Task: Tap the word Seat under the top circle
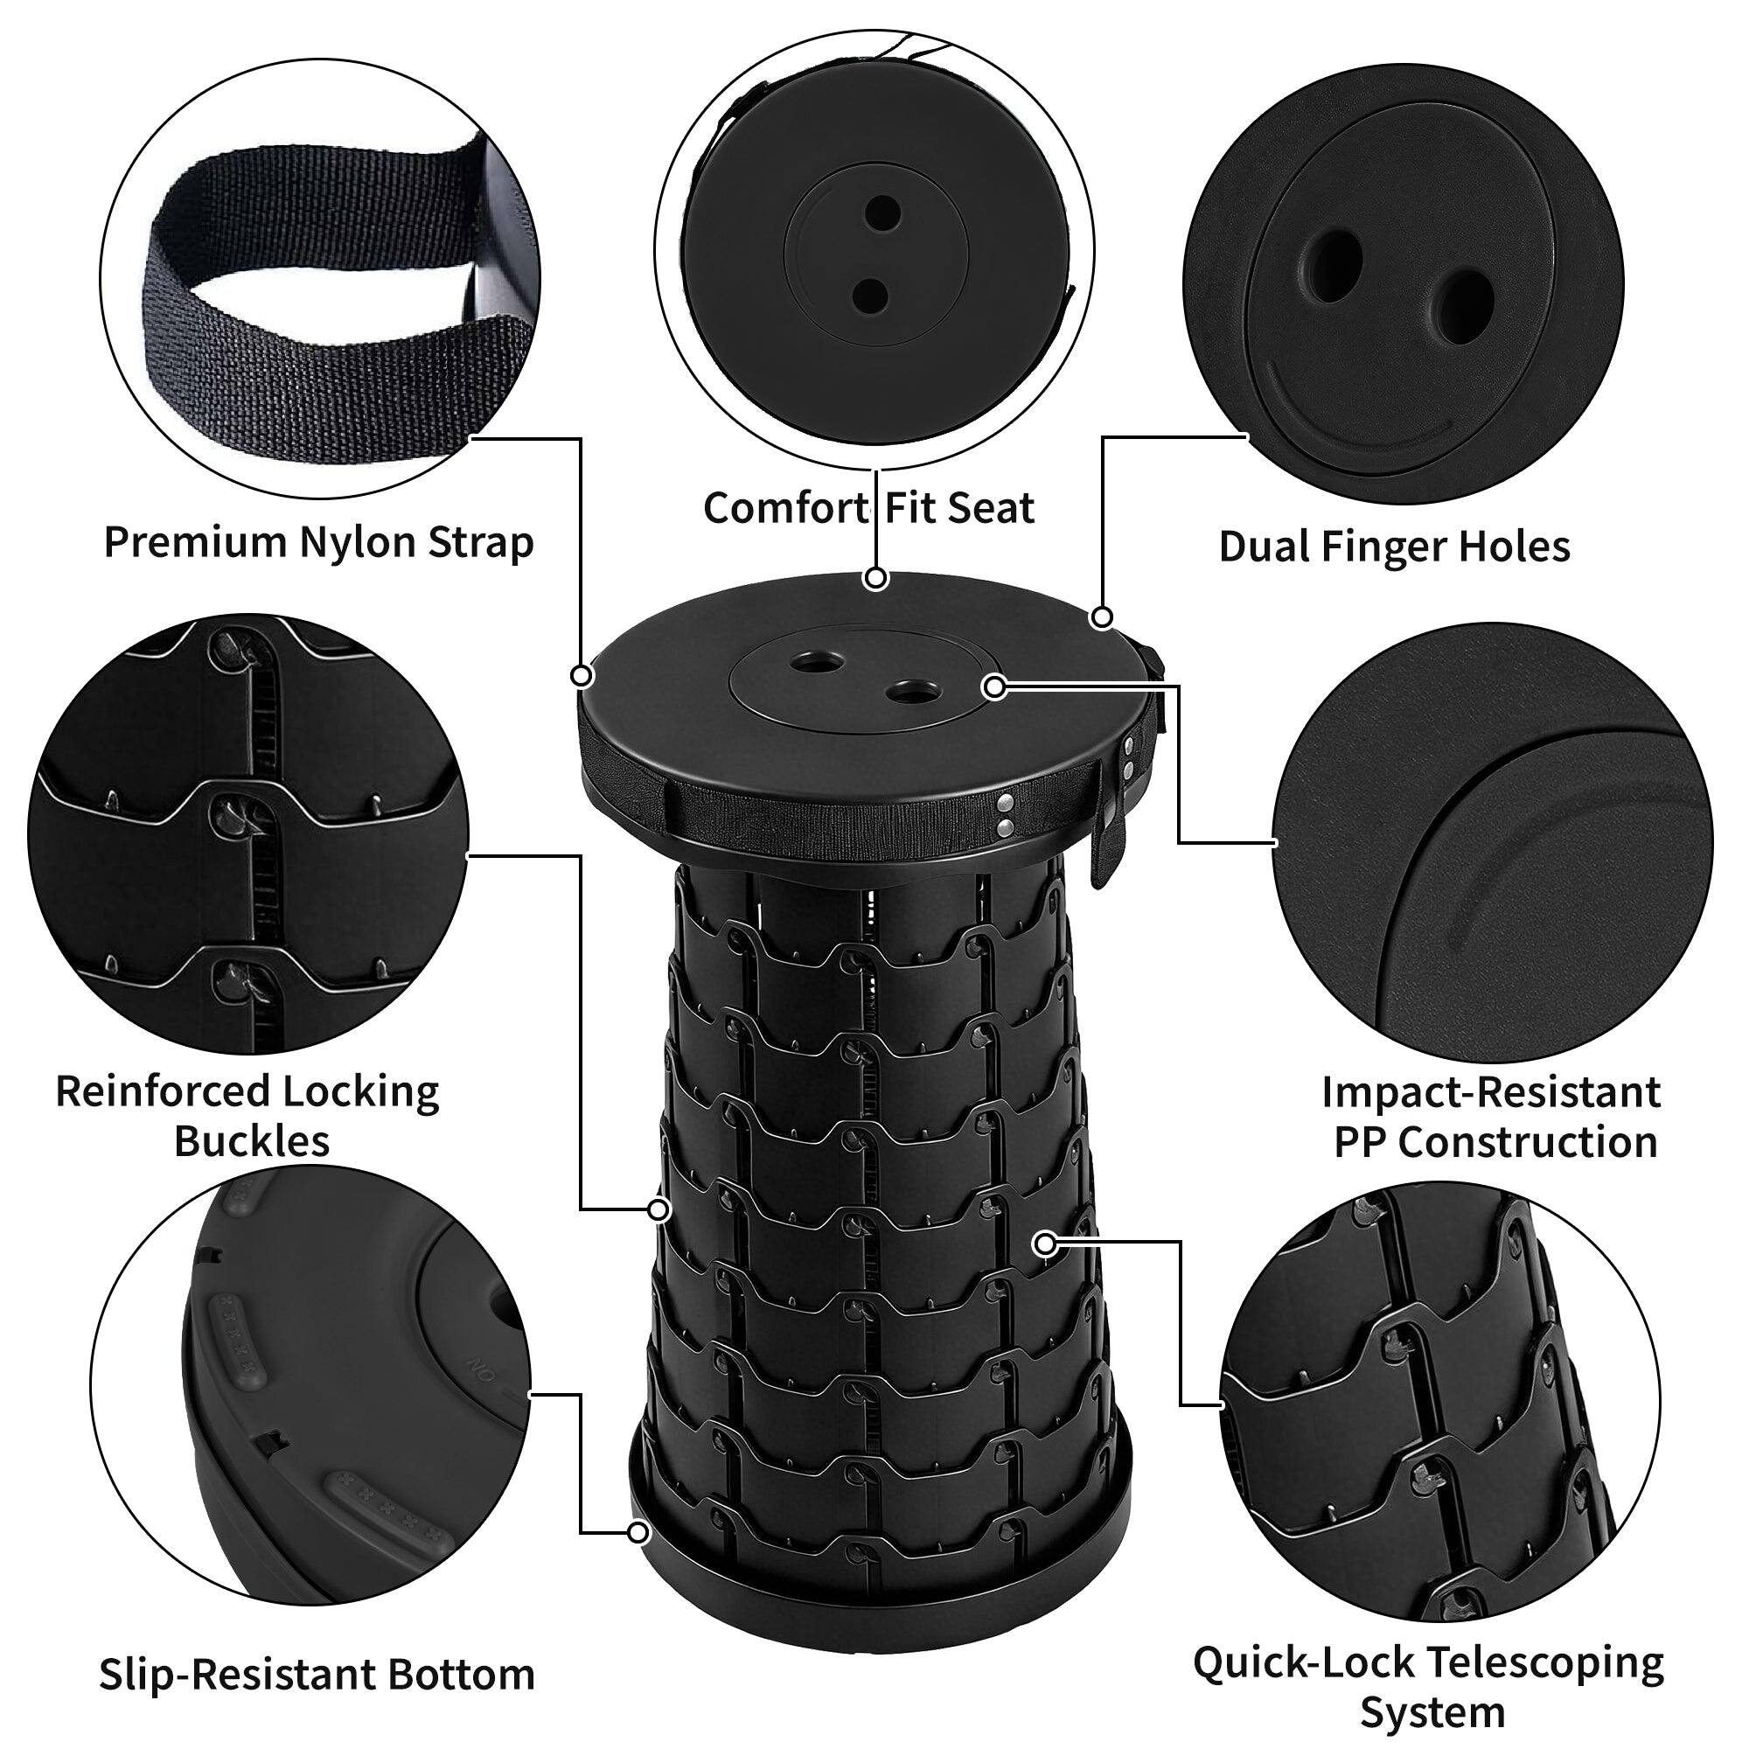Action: tap(993, 508)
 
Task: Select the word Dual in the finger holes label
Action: tap(1264, 547)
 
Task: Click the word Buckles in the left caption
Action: tap(252, 1140)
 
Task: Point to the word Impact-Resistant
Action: tap(1490, 1091)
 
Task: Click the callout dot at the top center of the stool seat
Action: tap(874, 578)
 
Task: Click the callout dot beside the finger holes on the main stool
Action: tap(994, 687)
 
